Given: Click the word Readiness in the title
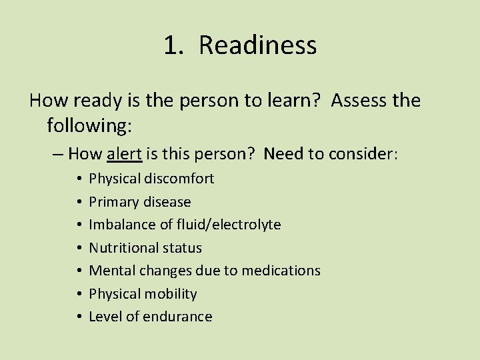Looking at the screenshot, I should pos(257,45).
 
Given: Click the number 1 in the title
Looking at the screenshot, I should pos(172,45).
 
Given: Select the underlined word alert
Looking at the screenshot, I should pos(124,154).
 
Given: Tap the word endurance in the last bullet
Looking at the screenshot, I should pos(179,317).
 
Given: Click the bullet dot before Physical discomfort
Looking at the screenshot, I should pos(79,179).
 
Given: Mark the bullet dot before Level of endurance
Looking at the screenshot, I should pos(79,317).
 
